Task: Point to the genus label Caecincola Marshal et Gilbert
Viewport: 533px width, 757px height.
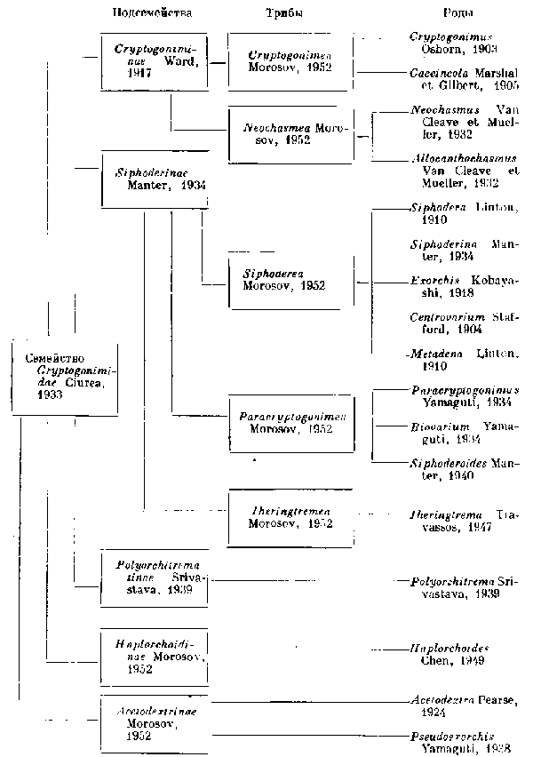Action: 463,82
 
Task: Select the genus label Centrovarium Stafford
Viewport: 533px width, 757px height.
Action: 463,323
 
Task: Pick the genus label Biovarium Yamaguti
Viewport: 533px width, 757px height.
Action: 463,432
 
